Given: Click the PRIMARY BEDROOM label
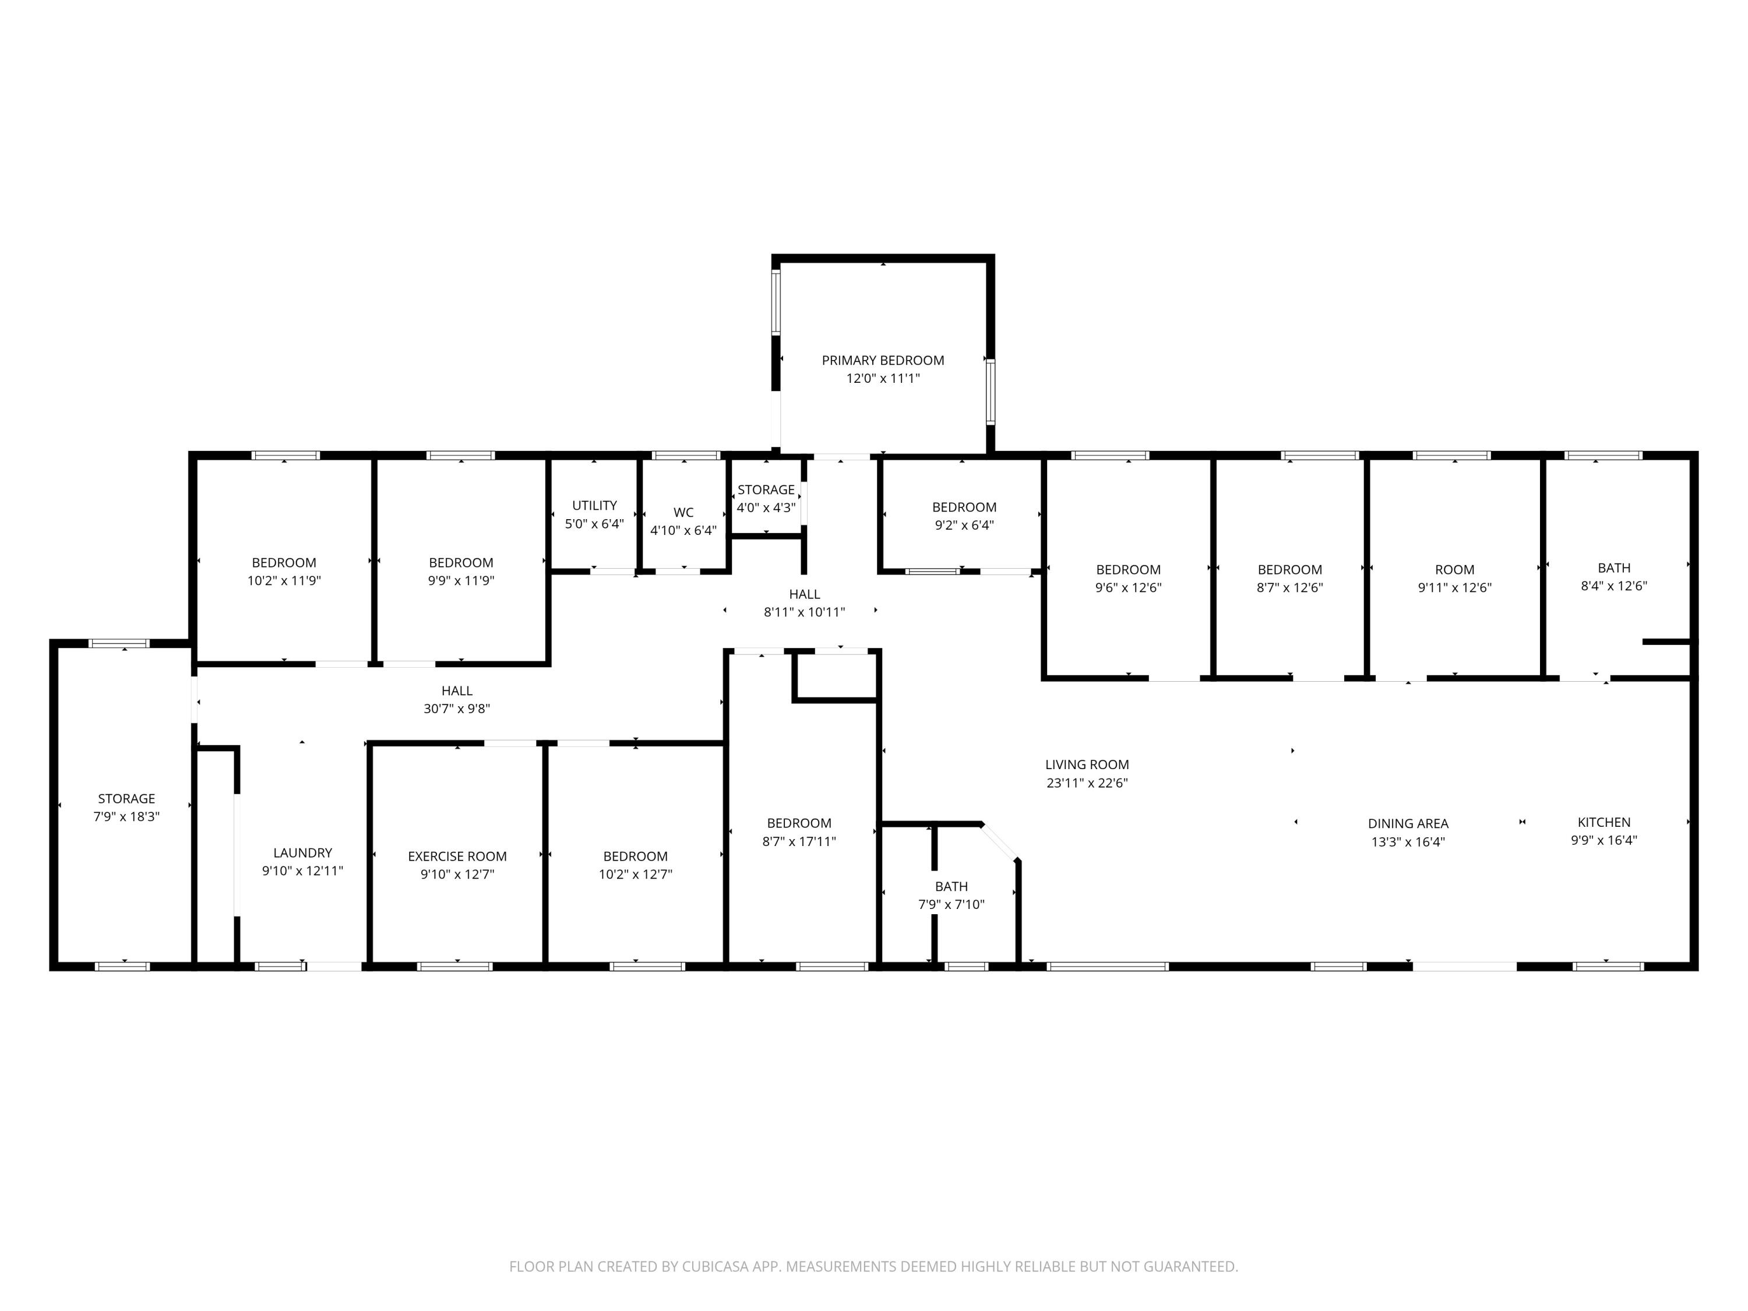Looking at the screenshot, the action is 883,360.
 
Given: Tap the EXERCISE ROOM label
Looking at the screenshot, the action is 457,856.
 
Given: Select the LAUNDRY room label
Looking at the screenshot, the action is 302,852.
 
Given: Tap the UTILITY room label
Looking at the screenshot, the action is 594,505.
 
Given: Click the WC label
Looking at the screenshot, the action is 683,512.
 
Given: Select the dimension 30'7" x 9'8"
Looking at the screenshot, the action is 457,709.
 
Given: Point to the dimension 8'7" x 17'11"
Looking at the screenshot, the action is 799,841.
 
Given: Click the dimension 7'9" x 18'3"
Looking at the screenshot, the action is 126,816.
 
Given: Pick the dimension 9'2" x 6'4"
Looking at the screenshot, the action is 964,525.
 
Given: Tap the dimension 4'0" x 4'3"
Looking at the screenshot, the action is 766,508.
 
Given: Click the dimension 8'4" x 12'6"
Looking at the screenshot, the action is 1613,586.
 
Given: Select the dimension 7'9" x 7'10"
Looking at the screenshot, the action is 951,904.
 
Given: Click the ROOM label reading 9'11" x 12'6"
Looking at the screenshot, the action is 1454,570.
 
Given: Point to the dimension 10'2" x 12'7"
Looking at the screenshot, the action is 635,874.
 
